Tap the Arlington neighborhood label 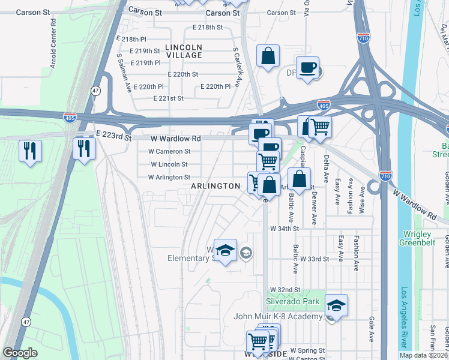click(215, 186)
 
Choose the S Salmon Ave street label click(124, 73)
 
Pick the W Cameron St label click(170, 152)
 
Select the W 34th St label click(285, 229)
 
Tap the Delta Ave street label click(327, 169)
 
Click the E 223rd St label click(113, 137)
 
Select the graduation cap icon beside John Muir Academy click(337, 305)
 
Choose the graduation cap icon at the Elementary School click(225, 250)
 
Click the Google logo click(20, 353)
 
